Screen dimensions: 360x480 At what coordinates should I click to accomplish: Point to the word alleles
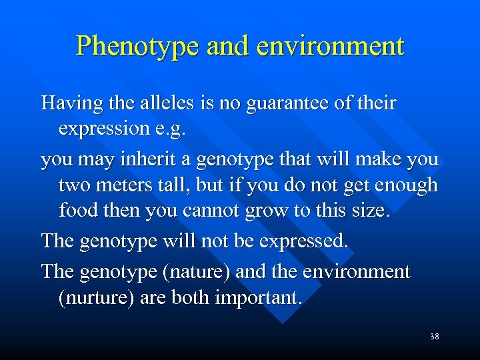(x=166, y=104)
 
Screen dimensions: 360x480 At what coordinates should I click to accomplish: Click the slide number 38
(x=434, y=337)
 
